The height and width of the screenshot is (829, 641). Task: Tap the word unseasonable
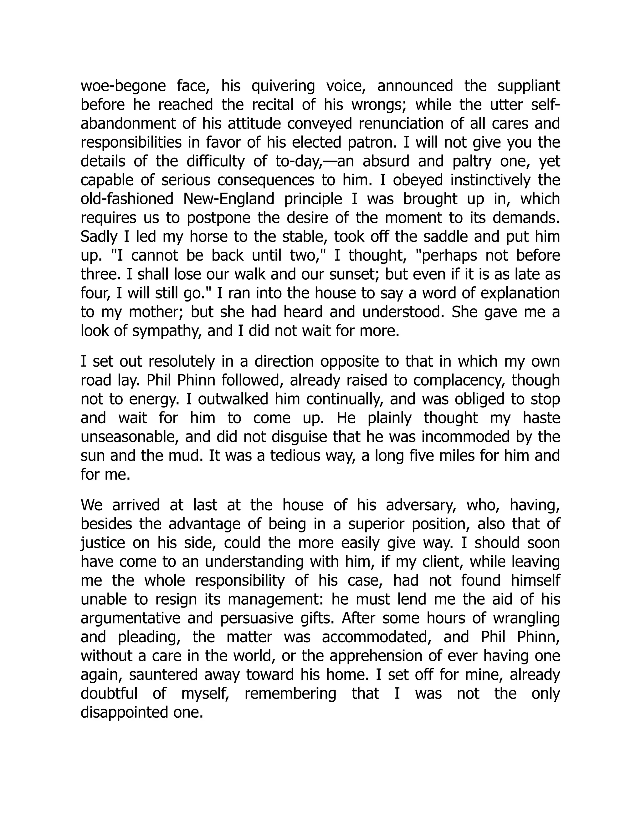coord(129,437)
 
